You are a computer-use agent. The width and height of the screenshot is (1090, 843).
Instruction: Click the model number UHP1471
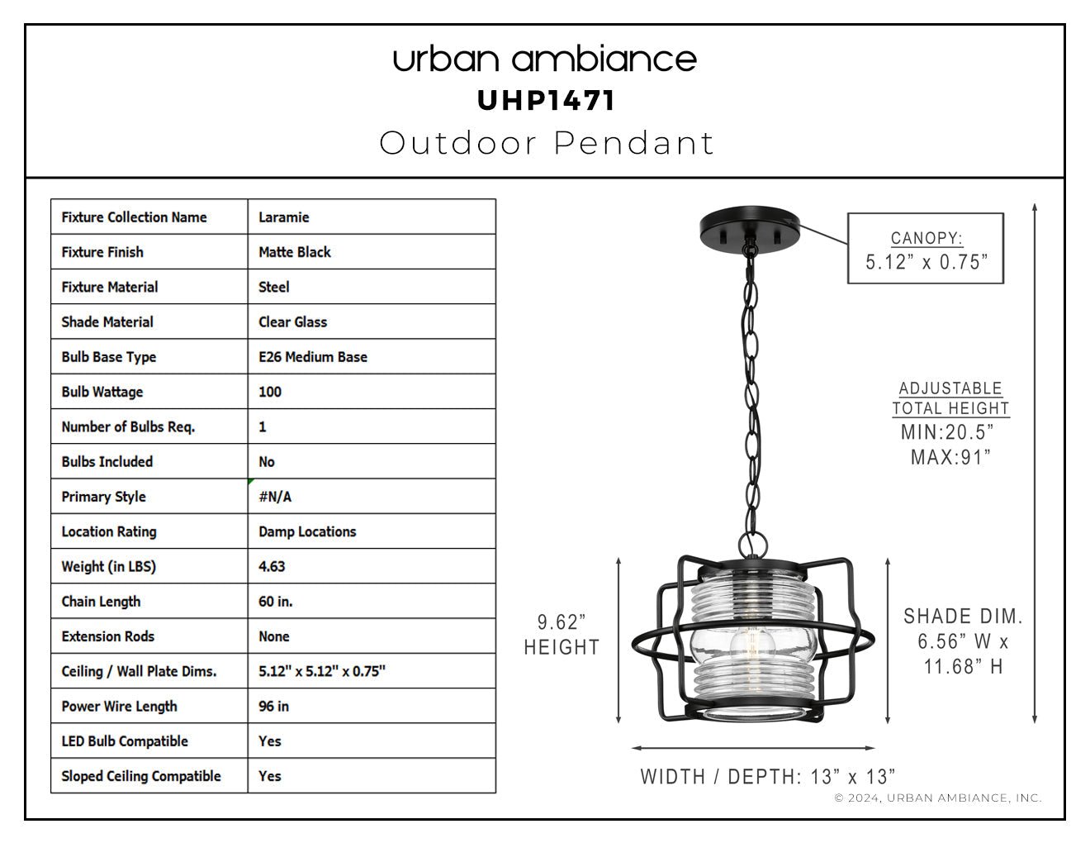(546, 101)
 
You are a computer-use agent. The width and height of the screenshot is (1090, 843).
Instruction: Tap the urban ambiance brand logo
(545, 60)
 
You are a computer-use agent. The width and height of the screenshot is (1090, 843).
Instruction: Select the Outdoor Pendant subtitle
(547, 143)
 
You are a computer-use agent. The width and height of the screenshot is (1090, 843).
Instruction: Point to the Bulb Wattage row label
(102, 392)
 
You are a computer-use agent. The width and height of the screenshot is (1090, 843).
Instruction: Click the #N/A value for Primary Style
(275, 497)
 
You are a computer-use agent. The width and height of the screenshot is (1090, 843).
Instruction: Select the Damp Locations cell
(307, 531)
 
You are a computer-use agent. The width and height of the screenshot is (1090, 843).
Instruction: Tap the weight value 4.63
(272, 566)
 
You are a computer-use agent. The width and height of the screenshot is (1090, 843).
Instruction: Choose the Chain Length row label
(101, 602)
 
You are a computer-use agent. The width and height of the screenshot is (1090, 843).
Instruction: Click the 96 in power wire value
(273, 706)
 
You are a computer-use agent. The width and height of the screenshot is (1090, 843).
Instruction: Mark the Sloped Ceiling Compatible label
(141, 776)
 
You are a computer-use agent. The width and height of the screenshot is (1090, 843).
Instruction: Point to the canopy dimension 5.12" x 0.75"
(926, 262)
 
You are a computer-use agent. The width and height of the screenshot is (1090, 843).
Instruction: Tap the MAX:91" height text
(950, 457)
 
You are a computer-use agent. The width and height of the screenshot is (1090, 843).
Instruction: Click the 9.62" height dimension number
(562, 622)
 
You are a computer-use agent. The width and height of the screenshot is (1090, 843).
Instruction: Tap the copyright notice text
(938, 798)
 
